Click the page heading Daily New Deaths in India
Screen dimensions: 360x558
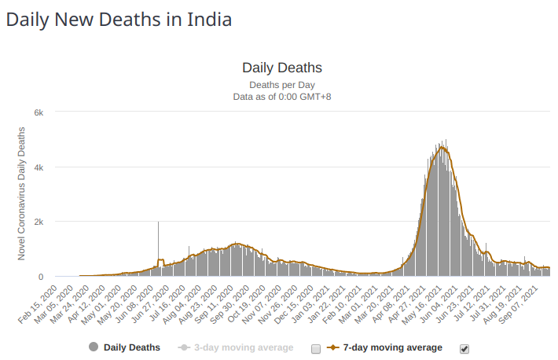pyautogui.click(x=119, y=20)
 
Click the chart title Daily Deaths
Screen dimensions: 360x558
pyautogui.click(x=282, y=68)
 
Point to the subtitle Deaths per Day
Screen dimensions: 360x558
pyautogui.click(x=282, y=83)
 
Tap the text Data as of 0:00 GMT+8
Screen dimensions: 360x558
pyautogui.click(x=282, y=96)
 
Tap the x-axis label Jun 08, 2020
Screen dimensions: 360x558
pyautogui.click(x=143, y=303)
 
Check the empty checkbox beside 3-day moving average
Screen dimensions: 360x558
pyautogui.click(x=316, y=347)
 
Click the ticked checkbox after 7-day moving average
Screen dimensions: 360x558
pyautogui.click(x=464, y=347)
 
